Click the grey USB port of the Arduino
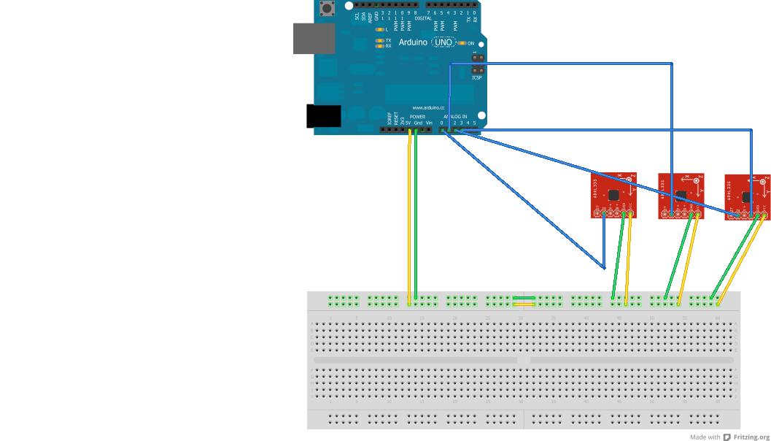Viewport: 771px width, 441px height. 314,38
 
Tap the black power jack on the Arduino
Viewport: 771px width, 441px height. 323,116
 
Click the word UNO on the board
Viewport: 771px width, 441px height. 443,42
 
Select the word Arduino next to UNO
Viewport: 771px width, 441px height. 413,42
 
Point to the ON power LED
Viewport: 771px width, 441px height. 462,43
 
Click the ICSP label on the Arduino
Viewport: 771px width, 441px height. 476,77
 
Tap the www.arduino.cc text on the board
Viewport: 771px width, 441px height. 428,107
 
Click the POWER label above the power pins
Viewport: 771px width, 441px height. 417,117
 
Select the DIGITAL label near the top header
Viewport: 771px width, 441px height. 423,18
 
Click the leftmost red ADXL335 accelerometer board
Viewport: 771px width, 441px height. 613,195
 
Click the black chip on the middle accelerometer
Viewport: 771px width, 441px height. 681,195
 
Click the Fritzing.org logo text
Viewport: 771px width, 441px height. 751,437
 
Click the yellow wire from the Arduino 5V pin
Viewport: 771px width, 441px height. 409,219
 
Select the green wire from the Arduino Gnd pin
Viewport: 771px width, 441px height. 416,219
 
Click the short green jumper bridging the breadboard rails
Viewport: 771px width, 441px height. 524,297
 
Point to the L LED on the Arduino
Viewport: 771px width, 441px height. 379,30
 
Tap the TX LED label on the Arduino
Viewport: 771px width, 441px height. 388,40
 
